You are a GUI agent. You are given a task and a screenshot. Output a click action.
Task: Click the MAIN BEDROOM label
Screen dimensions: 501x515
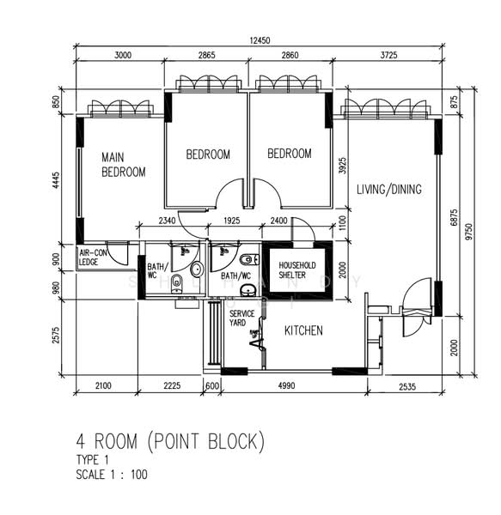[x=124, y=165]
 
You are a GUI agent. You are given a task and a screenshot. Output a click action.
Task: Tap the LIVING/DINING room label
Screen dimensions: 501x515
[x=389, y=190]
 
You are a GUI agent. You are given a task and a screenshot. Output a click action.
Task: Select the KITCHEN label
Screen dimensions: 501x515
[x=303, y=330]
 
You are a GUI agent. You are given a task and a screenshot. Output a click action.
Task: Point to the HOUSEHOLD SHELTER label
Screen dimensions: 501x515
[x=297, y=270]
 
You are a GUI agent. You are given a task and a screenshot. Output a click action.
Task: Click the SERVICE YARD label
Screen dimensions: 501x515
[x=242, y=318]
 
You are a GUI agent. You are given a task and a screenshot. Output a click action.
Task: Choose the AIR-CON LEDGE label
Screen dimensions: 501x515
[x=93, y=257]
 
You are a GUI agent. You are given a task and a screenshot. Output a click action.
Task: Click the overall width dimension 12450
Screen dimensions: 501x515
[x=260, y=40]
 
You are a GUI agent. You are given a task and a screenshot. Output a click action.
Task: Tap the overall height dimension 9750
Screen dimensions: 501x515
[x=469, y=231]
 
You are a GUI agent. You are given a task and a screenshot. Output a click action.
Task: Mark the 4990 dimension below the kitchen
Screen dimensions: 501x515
[x=286, y=385]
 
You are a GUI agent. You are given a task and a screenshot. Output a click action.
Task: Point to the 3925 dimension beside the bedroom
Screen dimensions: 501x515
[x=342, y=166]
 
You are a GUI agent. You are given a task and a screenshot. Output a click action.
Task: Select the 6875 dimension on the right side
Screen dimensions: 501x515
[x=454, y=217]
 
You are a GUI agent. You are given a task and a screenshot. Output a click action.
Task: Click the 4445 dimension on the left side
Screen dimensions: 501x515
[x=57, y=180]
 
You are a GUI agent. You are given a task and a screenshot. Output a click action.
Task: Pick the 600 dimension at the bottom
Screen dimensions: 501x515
[x=212, y=385]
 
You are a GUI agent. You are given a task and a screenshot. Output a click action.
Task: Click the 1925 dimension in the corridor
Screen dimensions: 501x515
[x=232, y=221]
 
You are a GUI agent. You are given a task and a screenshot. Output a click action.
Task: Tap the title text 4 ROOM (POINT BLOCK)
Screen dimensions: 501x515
[x=170, y=441]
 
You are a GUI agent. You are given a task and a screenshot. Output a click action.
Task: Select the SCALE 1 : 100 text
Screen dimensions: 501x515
[x=112, y=475]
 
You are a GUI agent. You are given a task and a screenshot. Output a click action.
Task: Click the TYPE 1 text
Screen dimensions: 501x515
[x=92, y=460]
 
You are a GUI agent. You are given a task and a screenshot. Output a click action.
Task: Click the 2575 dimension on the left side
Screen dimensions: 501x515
[x=57, y=335]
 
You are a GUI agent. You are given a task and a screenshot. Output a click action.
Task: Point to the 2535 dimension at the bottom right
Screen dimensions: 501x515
[x=407, y=386]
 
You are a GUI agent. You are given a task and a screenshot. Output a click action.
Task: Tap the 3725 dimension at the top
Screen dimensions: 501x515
[x=389, y=55]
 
